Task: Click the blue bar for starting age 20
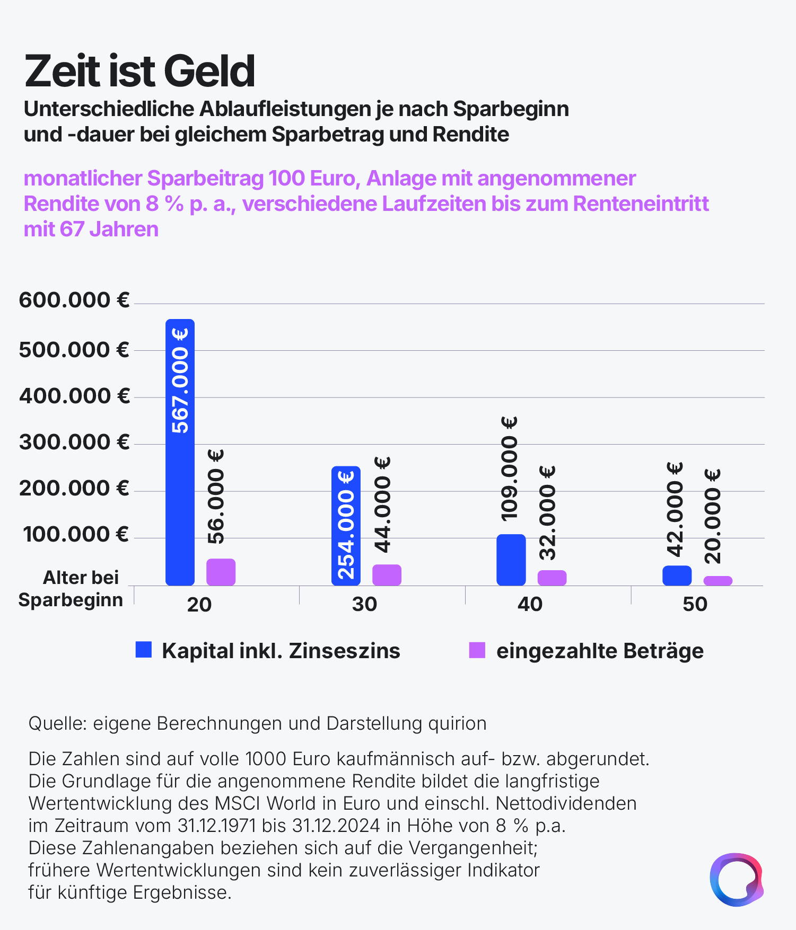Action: pyautogui.click(x=180, y=477)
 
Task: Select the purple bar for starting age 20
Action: pyautogui.click(x=221, y=572)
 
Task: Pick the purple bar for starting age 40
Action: pyautogui.click(x=552, y=578)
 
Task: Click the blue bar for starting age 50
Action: pyautogui.click(x=677, y=576)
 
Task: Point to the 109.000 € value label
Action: pyautogui.click(x=509, y=468)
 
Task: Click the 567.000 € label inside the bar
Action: pyautogui.click(x=180, y=380)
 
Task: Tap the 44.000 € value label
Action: pyautogui.click(x=382, y=505)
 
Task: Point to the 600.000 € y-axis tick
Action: pyautogui.click(x=74, y=300)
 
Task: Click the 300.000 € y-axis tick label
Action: pyautogui.click(x=74, y=442)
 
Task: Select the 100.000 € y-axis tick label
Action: pyautogui.click(x=76, y=535)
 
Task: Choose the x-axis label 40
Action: pyautogui.click(x=530, y=604)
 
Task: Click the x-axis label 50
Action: pyautogui.click(x=695, y=604)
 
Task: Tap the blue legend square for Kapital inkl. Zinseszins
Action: pyautogui.click(x=144, y=650)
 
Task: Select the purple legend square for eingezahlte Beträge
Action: pyautogui.click(x=477, y=650)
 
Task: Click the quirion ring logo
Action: pyautogui.click(x=736, y=880)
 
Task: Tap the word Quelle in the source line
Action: pyautogui.click(x=57, y=723)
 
